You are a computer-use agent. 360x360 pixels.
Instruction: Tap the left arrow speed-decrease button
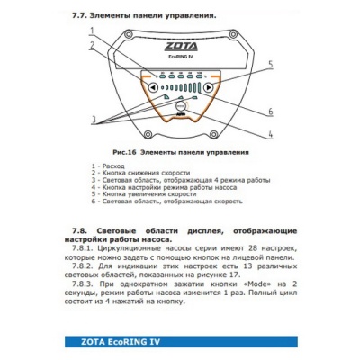(x=154, y=88)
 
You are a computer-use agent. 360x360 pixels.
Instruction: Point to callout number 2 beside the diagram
(x=93, y=44)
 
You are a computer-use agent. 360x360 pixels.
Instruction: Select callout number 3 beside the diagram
(x=93, y=120)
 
